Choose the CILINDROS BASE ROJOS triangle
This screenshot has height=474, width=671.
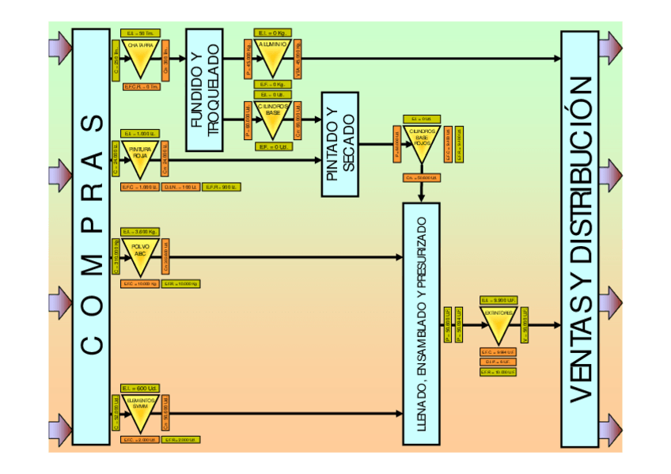pos(421,142)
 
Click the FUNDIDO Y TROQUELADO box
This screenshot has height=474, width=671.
pos(203,90)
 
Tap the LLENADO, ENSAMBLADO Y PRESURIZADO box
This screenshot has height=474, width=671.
pos(421,324)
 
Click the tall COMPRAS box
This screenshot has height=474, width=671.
pos(91,236)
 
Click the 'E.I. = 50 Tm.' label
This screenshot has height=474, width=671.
pos(141,33)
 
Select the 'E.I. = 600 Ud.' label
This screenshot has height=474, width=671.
pos(140,388)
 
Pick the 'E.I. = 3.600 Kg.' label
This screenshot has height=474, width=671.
pos(140,232)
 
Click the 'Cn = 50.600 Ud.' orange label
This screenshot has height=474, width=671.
pos(421,178)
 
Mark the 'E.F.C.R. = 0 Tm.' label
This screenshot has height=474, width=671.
pos(141,87)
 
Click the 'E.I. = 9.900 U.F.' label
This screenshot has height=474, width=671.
pos(499,301)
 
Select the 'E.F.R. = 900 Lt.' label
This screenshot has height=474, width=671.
pos(222,187)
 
